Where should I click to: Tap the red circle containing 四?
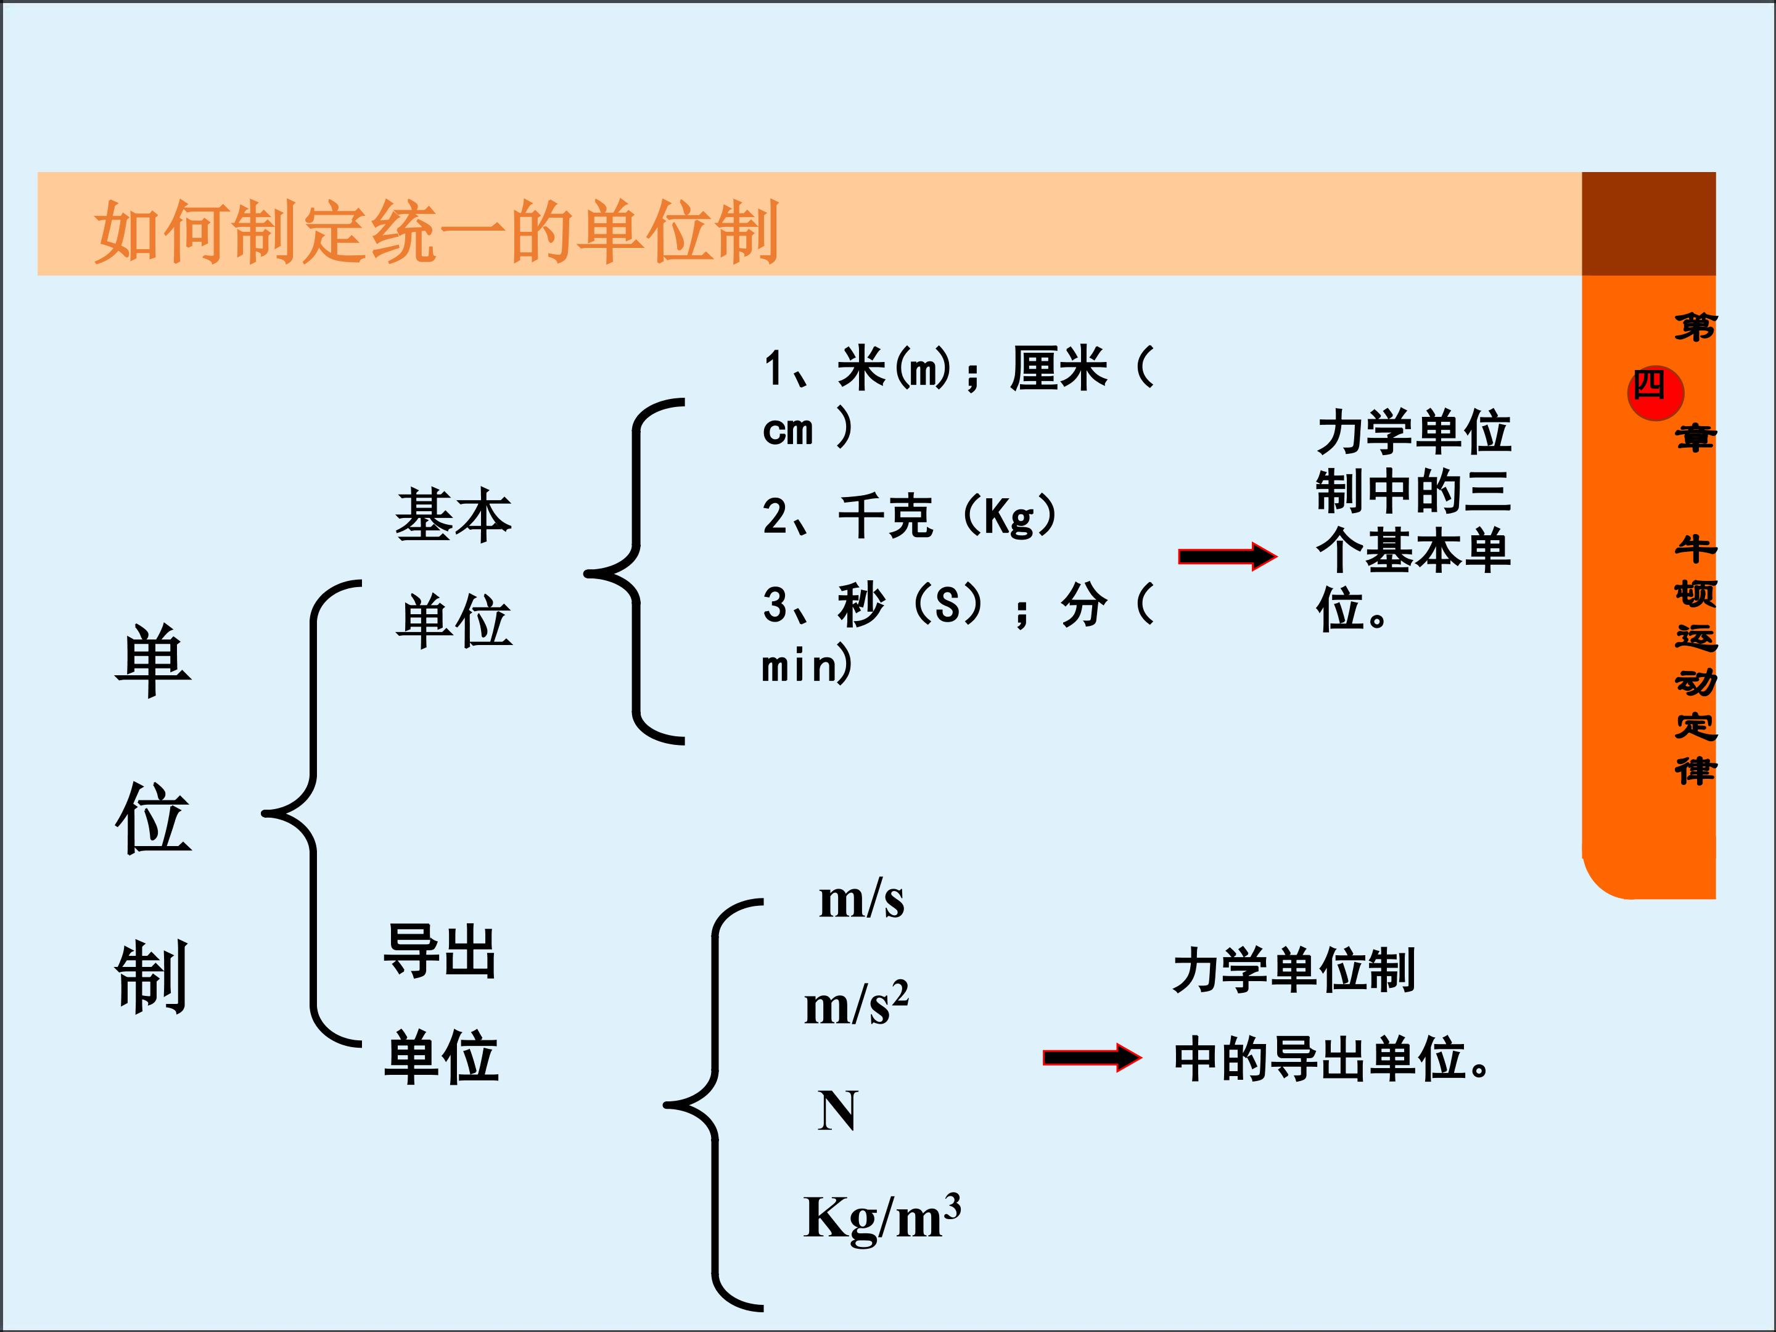tap(1655, 392)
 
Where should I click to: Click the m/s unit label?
tap(861, 900)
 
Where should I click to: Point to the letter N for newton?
tap(837, 1111)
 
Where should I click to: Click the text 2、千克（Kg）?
tap(909, 516)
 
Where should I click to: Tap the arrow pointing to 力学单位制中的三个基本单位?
tap(1226, 556)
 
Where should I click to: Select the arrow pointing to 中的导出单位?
tap(1091, 1058)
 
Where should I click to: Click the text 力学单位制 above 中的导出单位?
tap(1294, 970)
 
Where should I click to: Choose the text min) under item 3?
tap(807, 665)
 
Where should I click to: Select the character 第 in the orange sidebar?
tap(1694, 327)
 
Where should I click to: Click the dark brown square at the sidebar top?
tap(1648, 224)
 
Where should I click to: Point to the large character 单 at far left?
tap(152, 662)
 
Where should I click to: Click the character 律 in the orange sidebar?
tap(1694, 771)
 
